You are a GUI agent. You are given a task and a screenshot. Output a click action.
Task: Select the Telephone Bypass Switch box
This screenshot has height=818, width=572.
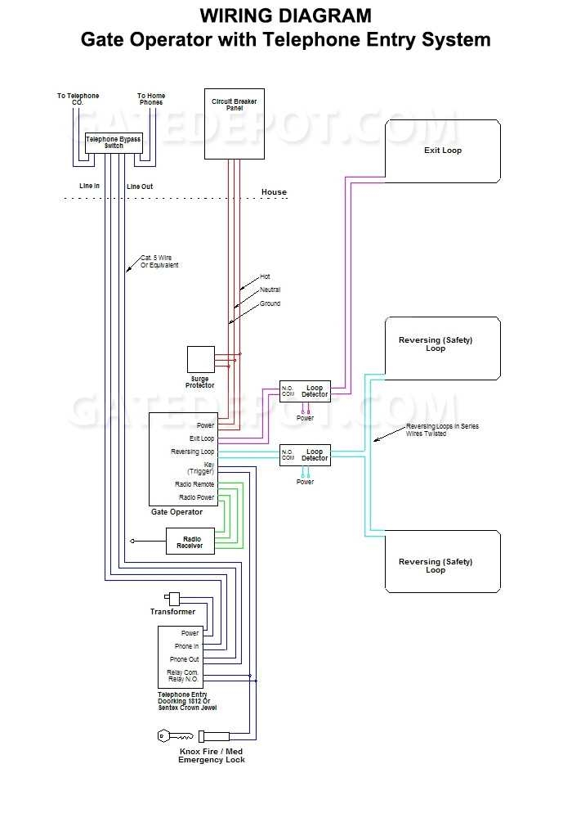point(114,142)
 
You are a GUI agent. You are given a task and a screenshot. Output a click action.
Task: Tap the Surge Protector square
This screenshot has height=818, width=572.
point(200,360)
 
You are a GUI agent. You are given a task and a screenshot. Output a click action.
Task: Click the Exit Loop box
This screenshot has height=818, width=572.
point(442,151)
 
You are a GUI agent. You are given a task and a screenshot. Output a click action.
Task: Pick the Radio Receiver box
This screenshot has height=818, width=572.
point(190,542)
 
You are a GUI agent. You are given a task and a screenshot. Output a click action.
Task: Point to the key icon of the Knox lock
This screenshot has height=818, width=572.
point(175,736)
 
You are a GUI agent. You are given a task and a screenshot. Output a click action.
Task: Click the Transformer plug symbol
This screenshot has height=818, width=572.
point(172,598)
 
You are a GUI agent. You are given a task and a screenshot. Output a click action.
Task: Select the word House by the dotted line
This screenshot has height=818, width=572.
point(274,192)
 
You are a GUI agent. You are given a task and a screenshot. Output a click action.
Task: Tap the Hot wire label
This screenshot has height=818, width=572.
point(265,276)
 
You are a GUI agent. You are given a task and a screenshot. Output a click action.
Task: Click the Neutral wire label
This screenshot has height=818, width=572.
point(270,290)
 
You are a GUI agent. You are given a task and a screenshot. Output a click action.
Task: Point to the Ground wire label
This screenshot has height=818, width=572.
point(270,303)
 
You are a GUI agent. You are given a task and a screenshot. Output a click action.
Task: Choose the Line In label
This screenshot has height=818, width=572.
point(89,186)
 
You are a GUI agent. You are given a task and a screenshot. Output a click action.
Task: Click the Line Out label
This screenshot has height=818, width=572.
point(140,187)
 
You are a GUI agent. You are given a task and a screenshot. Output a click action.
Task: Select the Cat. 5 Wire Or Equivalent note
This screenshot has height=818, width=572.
point(159,262)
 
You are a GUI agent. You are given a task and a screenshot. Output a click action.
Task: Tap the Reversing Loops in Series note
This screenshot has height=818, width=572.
point(442,430)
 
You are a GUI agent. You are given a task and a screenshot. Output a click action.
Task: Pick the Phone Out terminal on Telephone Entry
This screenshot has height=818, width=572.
point(184,659)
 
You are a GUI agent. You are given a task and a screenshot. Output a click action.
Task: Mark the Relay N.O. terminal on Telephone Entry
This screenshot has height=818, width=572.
point(183,679)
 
